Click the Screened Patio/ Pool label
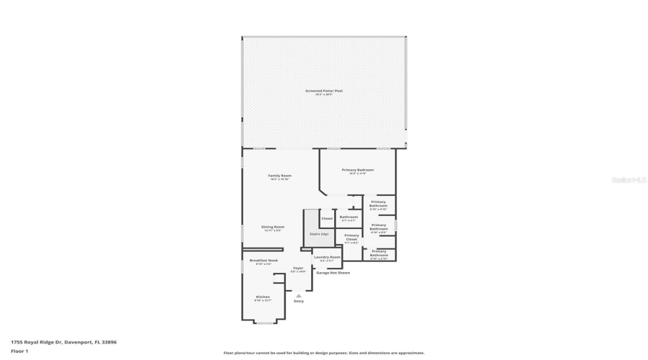[323, 91]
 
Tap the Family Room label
[279, 176]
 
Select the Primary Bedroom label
[358, 170]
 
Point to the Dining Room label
[273, 227]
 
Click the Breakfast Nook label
[264, 260]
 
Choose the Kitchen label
[263, 297]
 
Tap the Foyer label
[298, 268]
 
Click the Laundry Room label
[327, 256]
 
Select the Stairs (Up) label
[319, 234]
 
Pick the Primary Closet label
[351, 235]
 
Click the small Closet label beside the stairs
[327, 218]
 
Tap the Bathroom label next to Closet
[349, 217]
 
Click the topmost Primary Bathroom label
[379, 204]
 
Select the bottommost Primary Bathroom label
[379, 253]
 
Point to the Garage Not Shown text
[333, 273]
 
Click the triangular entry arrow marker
[298, 295]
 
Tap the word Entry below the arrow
[298, 301]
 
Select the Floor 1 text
[19, 351]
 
